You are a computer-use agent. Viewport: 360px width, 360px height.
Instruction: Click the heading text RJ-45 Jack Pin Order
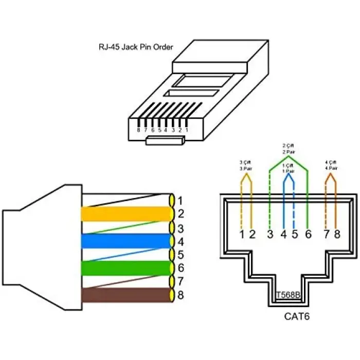coord(136,47)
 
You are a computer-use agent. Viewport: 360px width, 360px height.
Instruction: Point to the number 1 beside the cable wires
coord(179,200)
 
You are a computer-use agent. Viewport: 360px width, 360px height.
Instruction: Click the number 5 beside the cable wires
coord(179,255)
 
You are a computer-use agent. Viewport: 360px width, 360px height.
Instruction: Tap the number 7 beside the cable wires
coord(179,282)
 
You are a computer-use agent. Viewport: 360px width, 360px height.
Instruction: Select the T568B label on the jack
coord(287,295)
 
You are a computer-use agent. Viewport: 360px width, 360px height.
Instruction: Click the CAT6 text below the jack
coord(297,316)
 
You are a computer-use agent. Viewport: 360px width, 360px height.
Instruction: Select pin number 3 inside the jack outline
coord(269,235)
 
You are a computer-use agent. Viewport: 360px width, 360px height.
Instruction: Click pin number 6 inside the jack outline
coord(308,235)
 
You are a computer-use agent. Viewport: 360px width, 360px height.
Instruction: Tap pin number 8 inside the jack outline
coord(337,235)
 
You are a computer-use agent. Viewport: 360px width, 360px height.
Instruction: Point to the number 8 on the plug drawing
coord(138,130)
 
